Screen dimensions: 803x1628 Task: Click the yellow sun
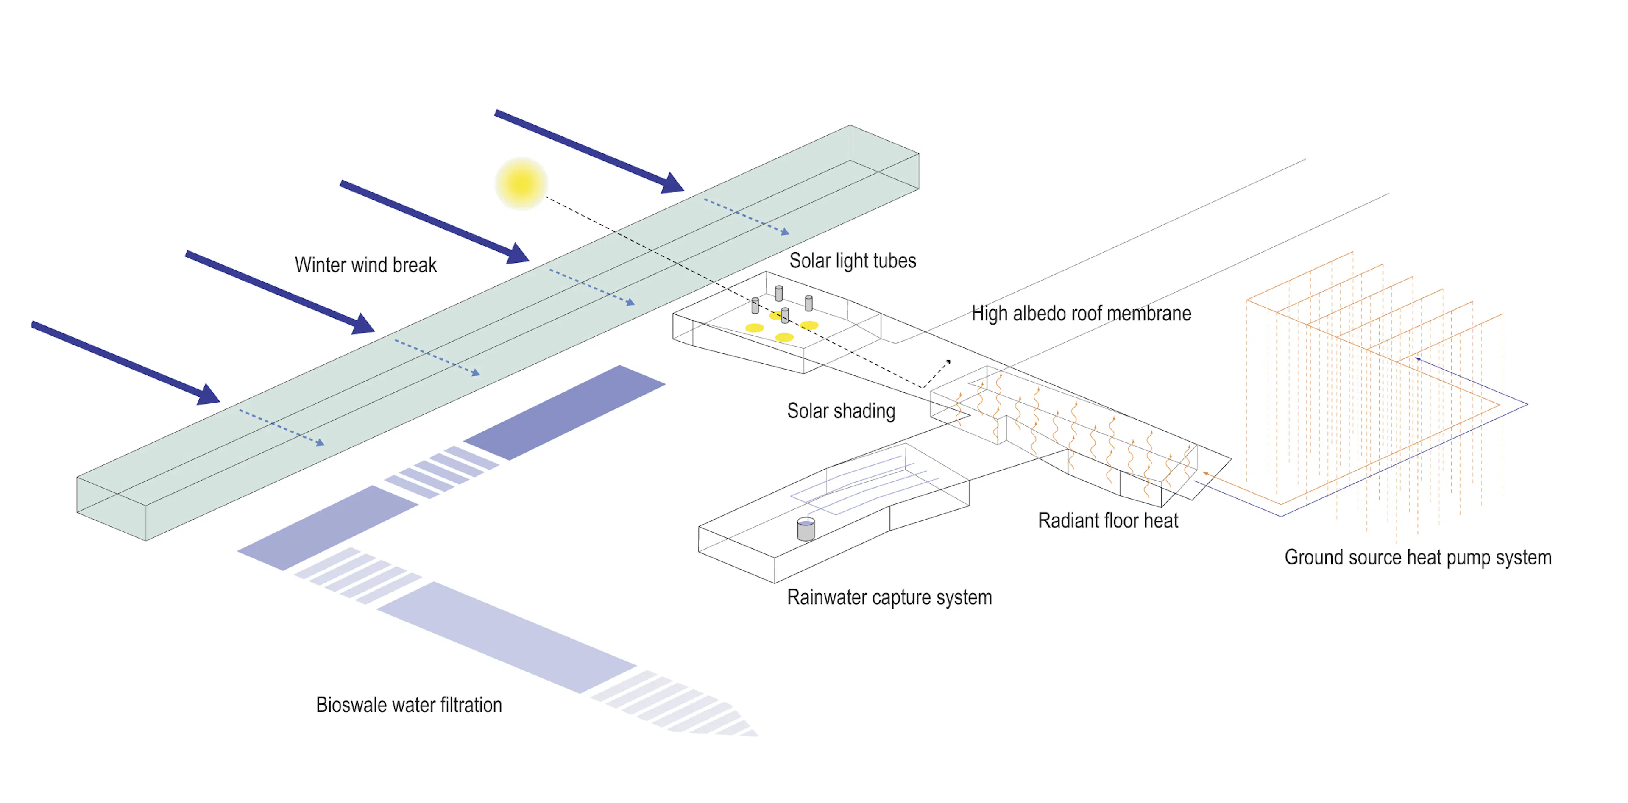click(x=521, y=183)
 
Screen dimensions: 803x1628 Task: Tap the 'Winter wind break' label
click(x=365, y=265)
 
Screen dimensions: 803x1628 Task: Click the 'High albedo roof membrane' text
click(x=1081, y=314)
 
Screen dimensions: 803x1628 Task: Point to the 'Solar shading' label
click(x=841, y=411)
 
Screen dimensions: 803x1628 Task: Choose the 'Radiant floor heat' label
click(x=1107, y=521)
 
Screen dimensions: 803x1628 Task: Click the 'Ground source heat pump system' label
click(x=1418, y=557)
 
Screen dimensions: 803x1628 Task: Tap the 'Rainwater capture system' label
click(x=889, y=597)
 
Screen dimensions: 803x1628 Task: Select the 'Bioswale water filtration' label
click(x=408, y=704)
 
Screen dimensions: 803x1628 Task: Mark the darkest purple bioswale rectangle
click(x=564, y=411)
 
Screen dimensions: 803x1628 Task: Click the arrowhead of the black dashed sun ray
click(x=948, y=362)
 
